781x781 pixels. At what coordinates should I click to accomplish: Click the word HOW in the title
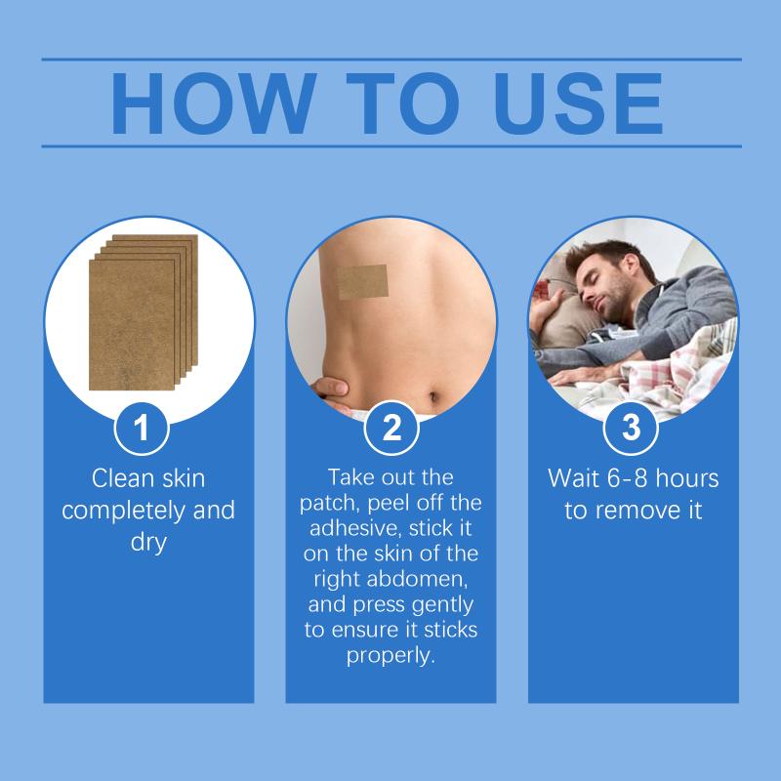(213, 103)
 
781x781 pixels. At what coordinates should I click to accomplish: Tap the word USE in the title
(578, 103)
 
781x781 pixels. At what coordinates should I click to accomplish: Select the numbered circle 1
(142, 428)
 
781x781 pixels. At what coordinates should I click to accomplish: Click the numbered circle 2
(391, 428)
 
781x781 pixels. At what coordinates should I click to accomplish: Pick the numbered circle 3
(631, 428)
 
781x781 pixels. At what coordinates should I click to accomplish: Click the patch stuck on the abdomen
(362, 282)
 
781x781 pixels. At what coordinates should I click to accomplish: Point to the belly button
(432, 397)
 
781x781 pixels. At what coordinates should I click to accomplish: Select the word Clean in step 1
(119, 478)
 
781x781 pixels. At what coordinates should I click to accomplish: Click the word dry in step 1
(148, 543)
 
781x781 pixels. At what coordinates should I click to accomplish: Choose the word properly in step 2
(391, 656)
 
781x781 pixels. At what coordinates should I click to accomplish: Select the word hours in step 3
(687, 478)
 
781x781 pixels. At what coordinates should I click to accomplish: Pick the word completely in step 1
(124, 511)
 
